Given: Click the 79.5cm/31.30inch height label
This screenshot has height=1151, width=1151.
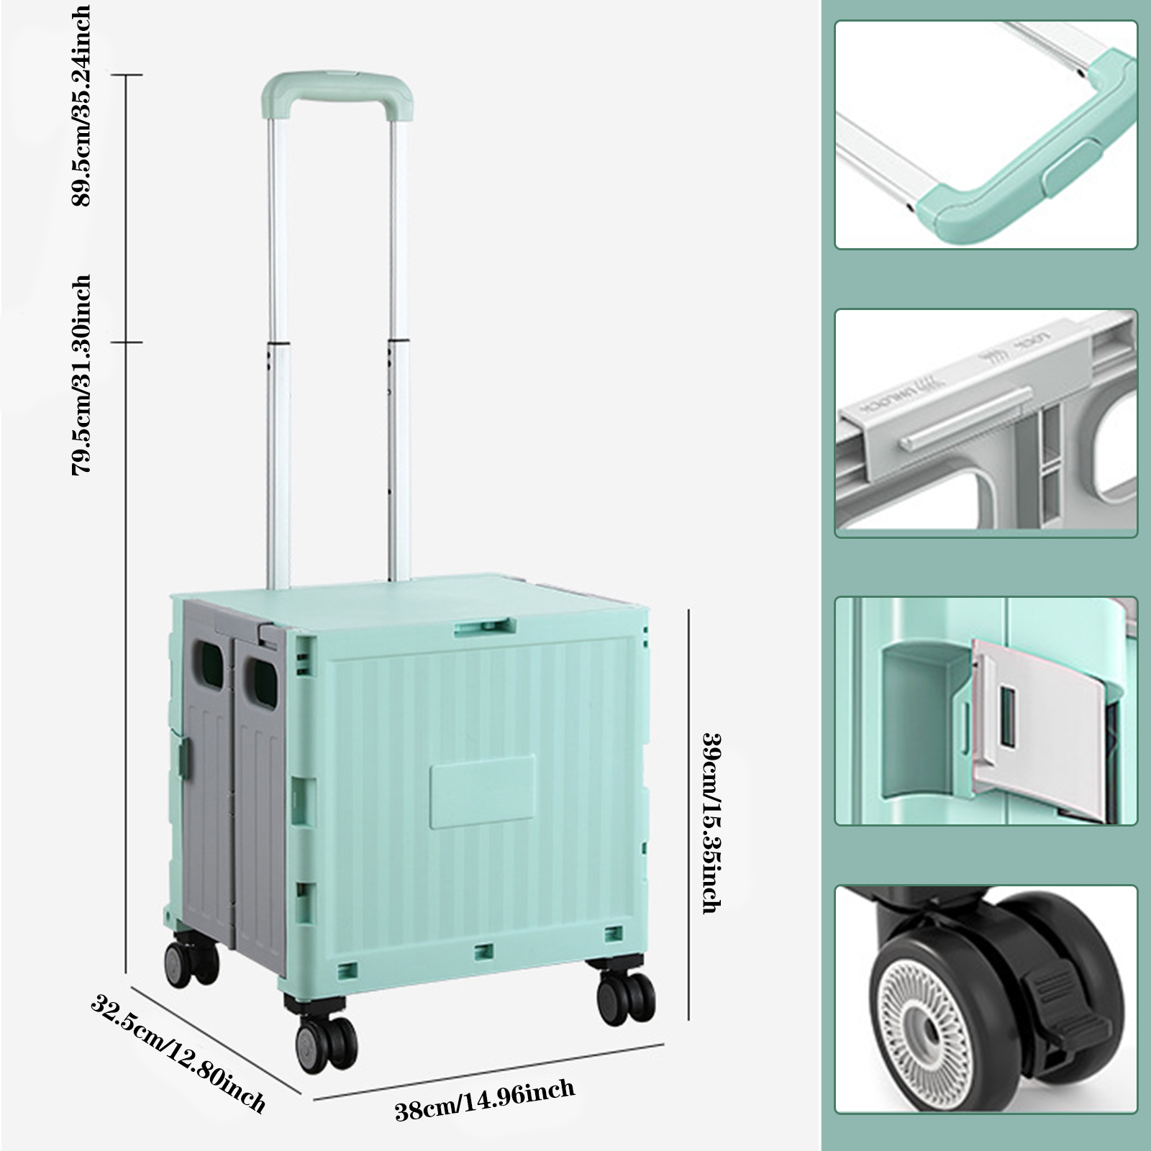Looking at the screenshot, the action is tap(80, 375).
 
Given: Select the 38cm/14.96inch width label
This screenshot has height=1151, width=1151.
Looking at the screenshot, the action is tap(485, 1100).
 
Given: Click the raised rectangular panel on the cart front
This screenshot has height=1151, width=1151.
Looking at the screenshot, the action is tap(483, 791).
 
